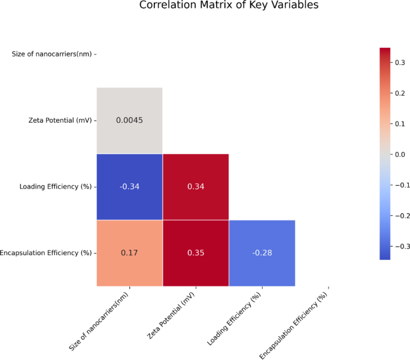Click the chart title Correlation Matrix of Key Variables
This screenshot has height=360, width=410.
(x=229, y=5)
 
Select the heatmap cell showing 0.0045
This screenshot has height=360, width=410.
(x=129, y=120)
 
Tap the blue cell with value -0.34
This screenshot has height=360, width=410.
(x=129, y=187)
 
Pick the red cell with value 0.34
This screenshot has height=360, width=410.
(x=196, y=187)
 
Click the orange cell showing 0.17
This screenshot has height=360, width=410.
(x=129, y=253)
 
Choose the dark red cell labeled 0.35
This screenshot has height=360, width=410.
(x=196, y=253)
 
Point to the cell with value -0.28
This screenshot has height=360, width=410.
(x=262, y=253)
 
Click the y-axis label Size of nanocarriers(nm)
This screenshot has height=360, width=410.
(x=52, y=55)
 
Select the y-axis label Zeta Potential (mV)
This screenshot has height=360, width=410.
(x=60, y=120)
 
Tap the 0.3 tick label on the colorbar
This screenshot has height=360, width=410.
(x=400, y=62)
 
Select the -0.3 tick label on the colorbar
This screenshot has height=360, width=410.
(x=401, y=246)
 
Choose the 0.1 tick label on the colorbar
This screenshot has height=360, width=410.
(x=400, y=123)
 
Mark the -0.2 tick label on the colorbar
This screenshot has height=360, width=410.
(x=401, y=216)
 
